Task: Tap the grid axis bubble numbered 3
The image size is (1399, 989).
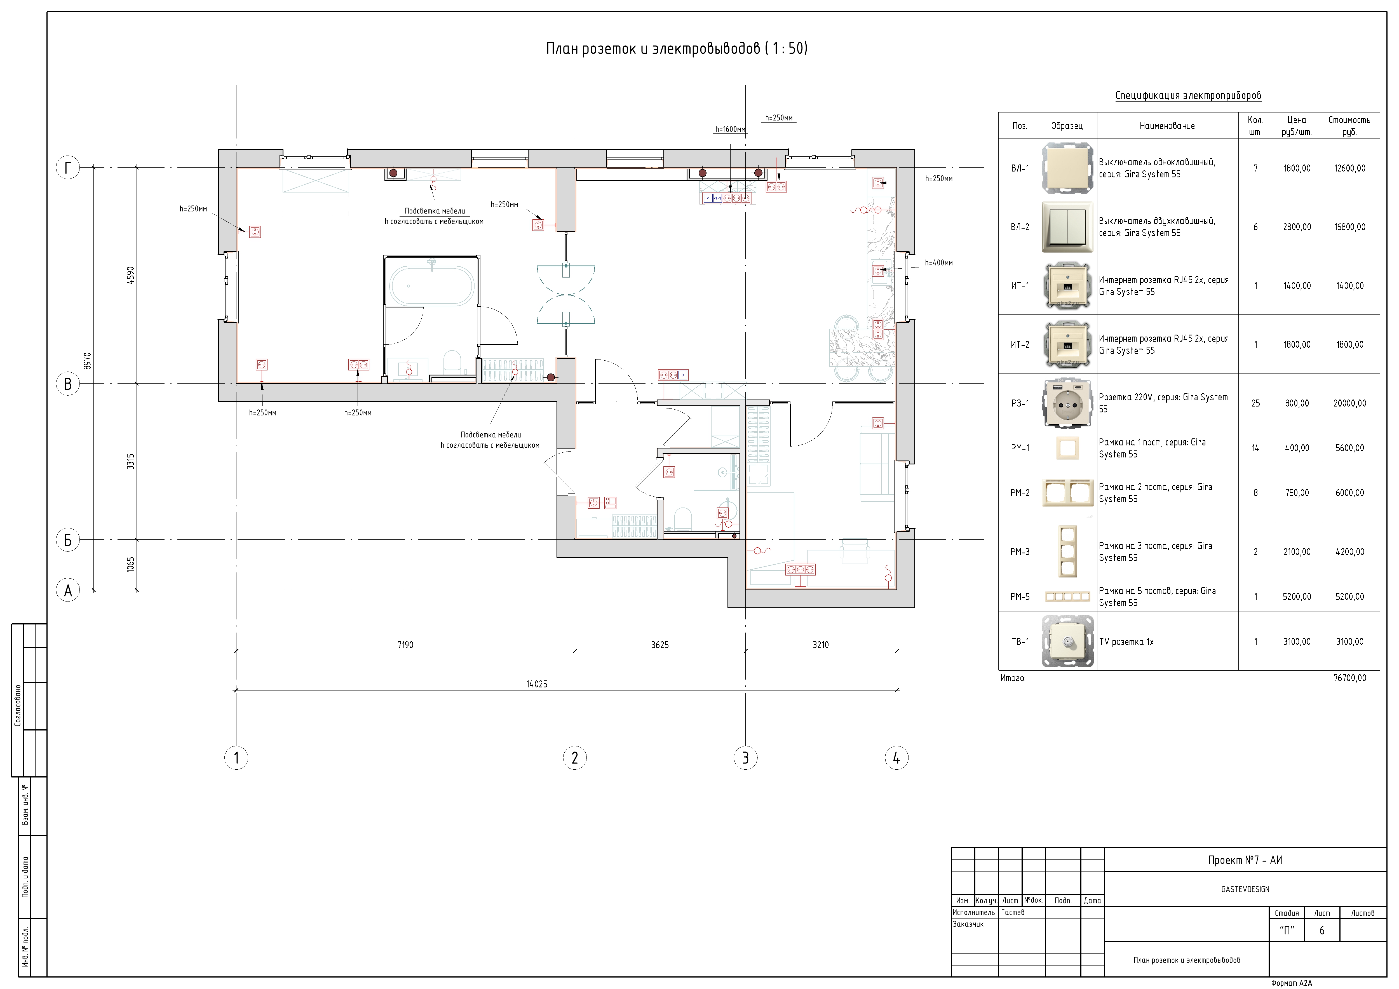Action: [745, 758]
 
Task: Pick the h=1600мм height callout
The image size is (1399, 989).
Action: [730, 129]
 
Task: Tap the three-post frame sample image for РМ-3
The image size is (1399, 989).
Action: [1067, 551]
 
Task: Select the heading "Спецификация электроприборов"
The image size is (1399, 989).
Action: [1188, 96]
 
